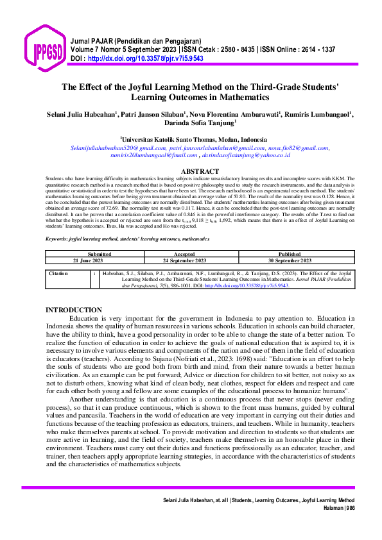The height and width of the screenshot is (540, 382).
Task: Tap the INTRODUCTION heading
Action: [x=73, y=310]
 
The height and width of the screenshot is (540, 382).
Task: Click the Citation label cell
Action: [x=58, y=273]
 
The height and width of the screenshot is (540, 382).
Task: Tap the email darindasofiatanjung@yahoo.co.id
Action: [x=247, y=155]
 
